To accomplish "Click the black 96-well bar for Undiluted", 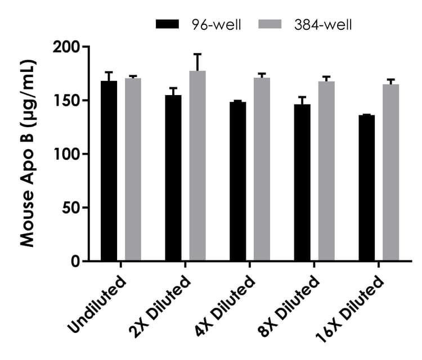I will click(x=109, y=172).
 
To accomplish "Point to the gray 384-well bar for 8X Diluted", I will click(x=326, y=172).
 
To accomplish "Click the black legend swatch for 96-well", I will click(x=167, y=24).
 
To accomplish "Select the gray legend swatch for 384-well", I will click(x=270, y=24).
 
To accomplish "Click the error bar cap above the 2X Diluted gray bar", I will click(x=197, y=54).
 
